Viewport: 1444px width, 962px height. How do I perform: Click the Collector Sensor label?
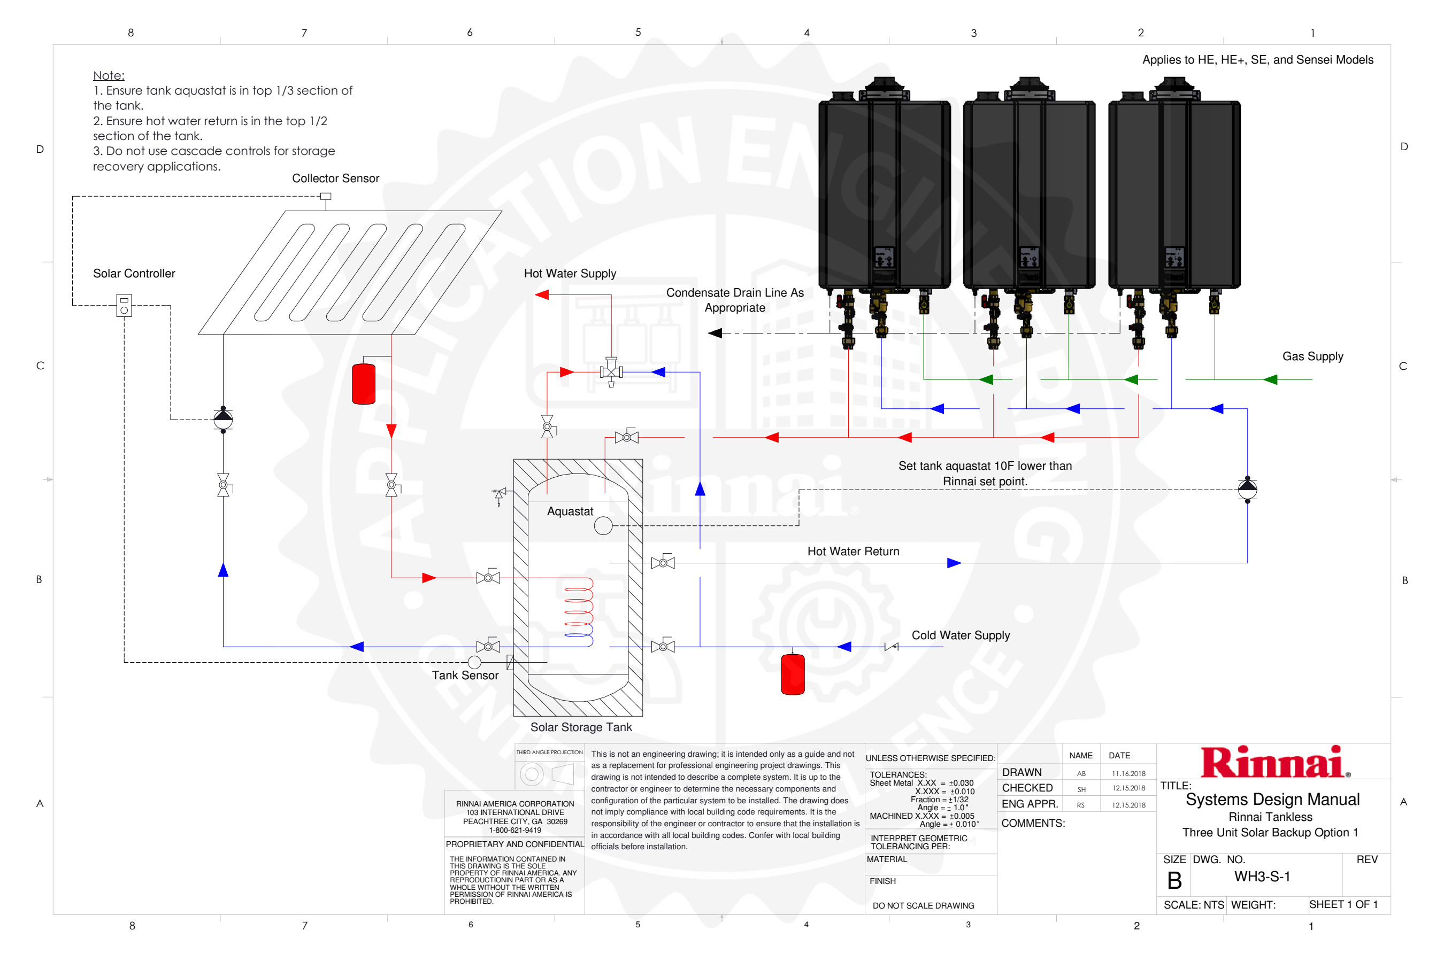[x=335, y=179]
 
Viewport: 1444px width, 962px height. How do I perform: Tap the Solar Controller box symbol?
[x=124, y=306]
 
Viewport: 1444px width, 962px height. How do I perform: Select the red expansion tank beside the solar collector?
[x=364, y=383]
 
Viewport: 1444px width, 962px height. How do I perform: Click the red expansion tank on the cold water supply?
[x=793, y=674]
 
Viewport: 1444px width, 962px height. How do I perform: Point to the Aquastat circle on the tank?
[x=603, y=526]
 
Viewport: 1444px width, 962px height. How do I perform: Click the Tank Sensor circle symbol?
[x=474, y=663]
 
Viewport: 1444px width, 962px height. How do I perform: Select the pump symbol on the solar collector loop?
[x=223, y=419]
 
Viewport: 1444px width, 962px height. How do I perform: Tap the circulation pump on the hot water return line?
[x=1247, y=490]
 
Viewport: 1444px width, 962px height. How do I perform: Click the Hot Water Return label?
[x=853, y=552]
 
